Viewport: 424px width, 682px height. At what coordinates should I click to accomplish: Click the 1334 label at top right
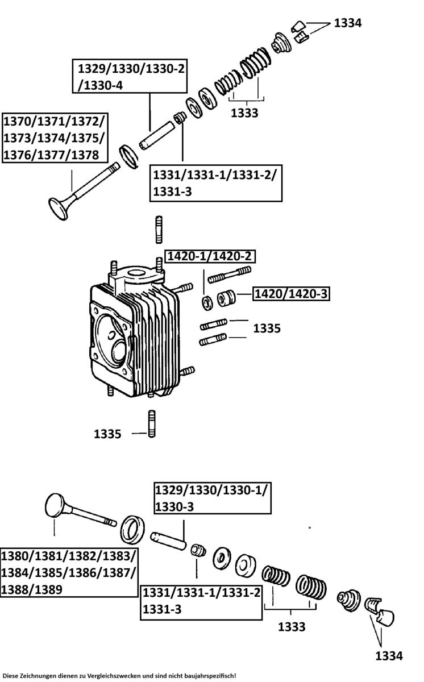[348, 23]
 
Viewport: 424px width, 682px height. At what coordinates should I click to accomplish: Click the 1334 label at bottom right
[389, 656]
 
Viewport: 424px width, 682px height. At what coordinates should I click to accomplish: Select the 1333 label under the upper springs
[244, 113]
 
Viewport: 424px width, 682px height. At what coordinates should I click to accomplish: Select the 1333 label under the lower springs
[291, 627]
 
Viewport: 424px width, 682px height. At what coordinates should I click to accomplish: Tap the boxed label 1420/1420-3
[291, 294]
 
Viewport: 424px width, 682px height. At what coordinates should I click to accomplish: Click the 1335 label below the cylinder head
[108, 434]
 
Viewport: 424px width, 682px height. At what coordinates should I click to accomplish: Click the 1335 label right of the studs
[267, 328]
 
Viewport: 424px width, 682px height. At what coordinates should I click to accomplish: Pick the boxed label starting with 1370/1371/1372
[55, 138]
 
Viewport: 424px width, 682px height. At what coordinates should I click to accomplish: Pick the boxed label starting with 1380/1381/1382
[68, 572]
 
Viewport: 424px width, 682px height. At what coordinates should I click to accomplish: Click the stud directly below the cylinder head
[151, 424]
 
